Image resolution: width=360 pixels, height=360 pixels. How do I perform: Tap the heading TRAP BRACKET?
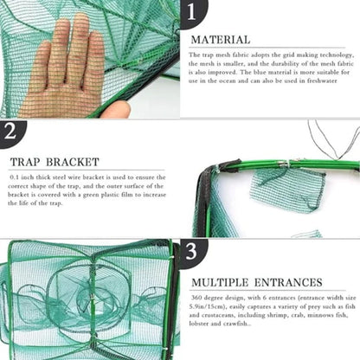point(55,161)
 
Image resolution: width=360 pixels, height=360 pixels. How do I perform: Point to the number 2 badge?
point(11,132)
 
